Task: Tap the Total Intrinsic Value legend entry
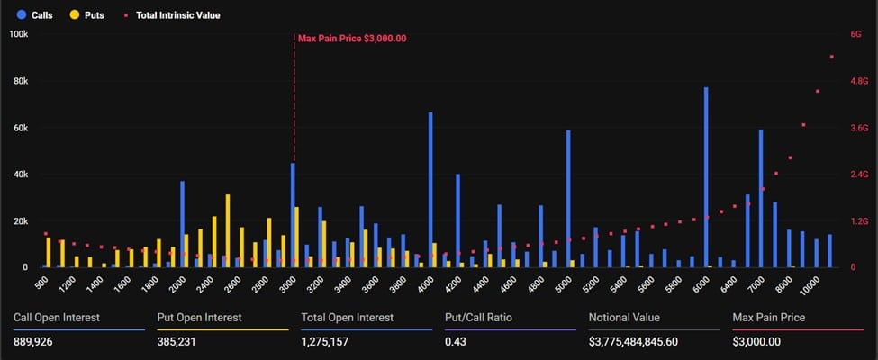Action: click(x=170, y=15)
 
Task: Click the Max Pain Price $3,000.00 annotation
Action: click(x=352, y=39)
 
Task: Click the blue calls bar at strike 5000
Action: click(x=568, y=199)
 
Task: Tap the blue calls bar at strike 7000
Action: click(x=761, y=199)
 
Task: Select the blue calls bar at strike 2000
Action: click(x=182, y=224)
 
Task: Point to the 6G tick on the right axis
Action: click(x=855, y=34)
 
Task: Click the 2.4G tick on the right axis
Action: click(x=859, y=175)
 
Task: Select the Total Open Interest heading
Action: click(x=348, y=318)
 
